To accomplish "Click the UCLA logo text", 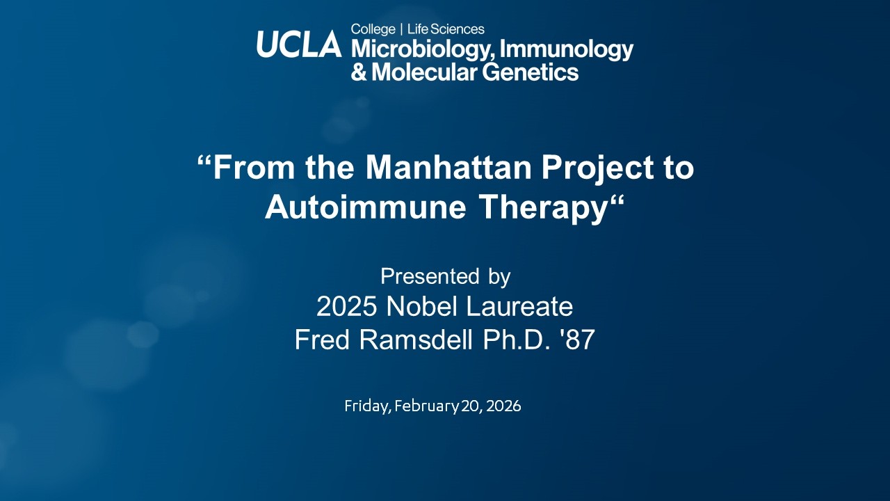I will (x=299, y=45).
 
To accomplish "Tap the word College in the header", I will (x=373, y=29).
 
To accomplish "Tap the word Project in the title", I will (x=595, y=168).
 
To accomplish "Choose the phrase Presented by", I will (x=445, y=276).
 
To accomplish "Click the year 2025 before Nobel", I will (x=347, y=307).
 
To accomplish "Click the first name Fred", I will (x=322, y=340).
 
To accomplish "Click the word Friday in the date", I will (x=366, y=406).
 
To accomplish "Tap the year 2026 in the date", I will (x=503, y=406).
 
